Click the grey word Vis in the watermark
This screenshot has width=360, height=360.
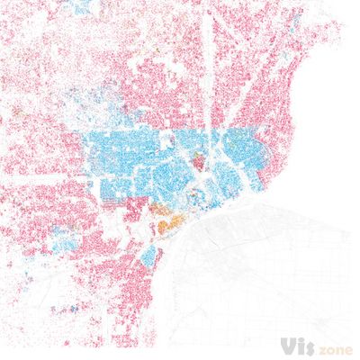(x=296, y=346)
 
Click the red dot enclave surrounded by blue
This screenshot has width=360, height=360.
(x=200, y=162)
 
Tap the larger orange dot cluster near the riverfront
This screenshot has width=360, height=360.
(x=163, y=217)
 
